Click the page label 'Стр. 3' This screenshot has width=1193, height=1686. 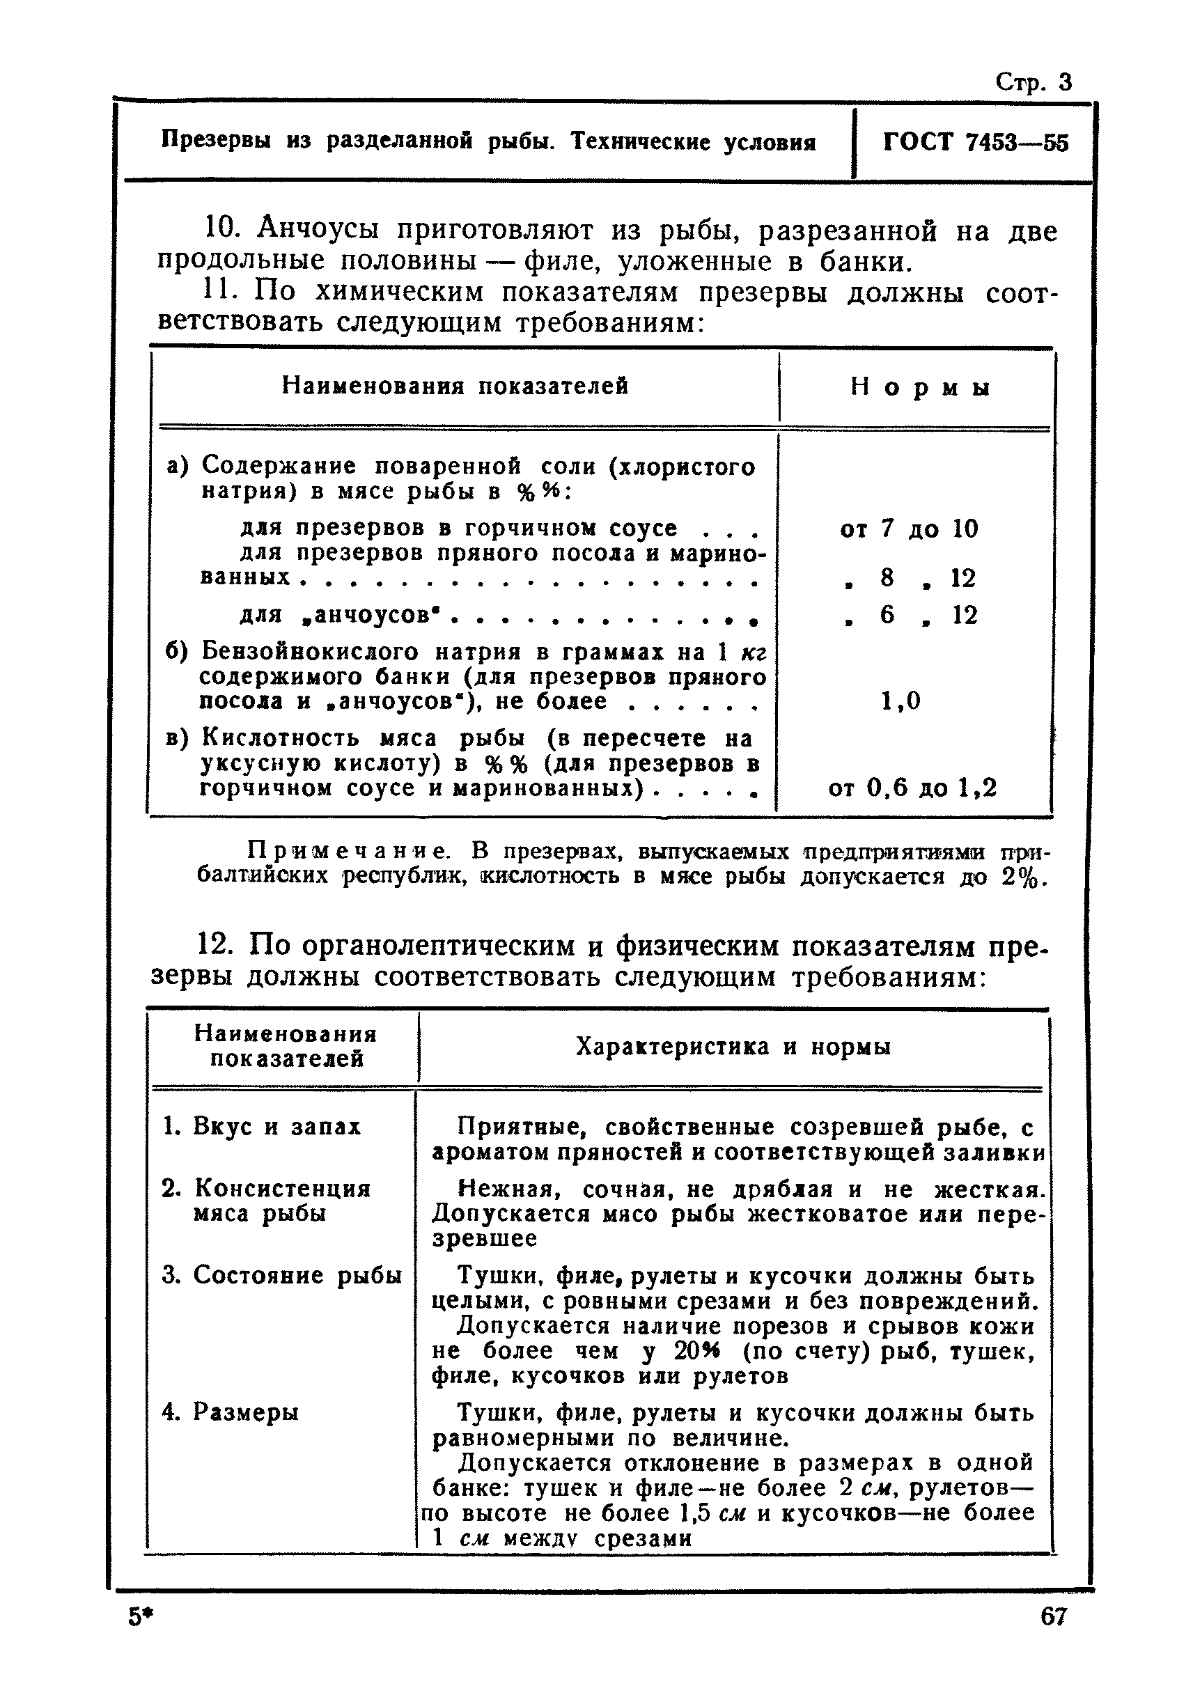[x=1033, y=81]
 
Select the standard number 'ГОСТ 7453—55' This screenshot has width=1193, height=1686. [x=976, y=143]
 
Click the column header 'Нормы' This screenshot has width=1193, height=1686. [x=920, y=388]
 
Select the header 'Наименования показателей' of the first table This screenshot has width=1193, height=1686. [x=455, y=386]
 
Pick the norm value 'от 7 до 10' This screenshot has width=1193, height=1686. [x=909, y=529]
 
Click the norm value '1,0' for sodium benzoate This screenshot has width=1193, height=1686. [x=900, y=701]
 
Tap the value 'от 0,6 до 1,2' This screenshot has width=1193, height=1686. [x=912, y=789]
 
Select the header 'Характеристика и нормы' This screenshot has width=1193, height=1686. [x=733, y=1047]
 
